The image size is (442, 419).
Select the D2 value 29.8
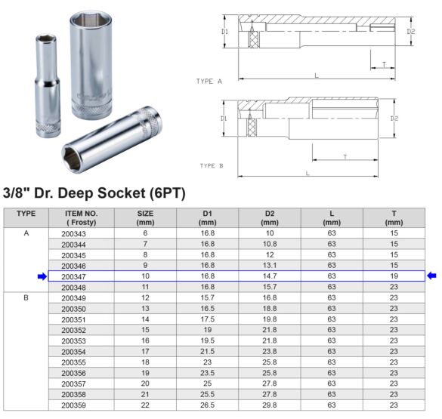coord(269,405)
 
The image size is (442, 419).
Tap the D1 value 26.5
coord(207,405)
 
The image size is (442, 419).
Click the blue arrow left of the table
coord(42,277)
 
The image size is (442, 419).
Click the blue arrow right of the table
coord(431,276)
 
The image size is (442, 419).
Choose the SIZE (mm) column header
coord(145,217)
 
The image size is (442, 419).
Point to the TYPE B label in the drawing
coord(212,165)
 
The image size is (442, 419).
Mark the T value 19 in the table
coord(394,277)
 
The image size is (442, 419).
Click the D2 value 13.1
coord(269,266)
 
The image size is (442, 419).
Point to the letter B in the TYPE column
coord(26,298)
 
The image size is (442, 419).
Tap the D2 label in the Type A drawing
coord(411,32)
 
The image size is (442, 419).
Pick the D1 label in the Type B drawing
coord(224,119)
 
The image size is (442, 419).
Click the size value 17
coord(145,352)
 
